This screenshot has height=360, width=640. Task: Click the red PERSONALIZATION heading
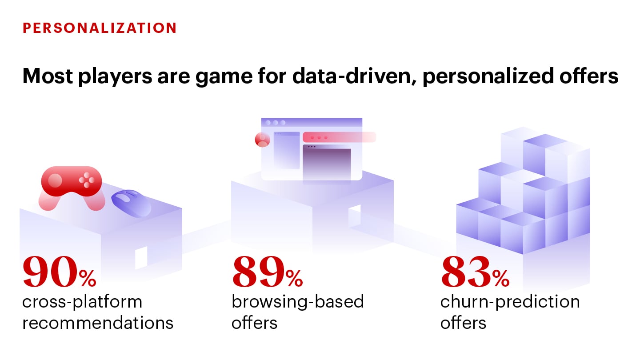point(100,28)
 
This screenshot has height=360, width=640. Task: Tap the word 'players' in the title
point(115,76)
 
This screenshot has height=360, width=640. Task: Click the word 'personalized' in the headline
point(488,76)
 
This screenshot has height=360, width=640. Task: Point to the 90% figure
point(60,272)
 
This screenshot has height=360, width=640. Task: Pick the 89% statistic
point(268,272)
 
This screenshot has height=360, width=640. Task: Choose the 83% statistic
point(475,272)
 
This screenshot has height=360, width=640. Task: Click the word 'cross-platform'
point(82,302)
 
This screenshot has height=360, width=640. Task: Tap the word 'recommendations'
point(98,323)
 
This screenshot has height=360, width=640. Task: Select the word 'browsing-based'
point(298,302)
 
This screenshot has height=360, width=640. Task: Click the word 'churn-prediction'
point(510,302)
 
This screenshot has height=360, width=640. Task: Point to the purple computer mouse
point(132,203)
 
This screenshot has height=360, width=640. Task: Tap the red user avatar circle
point(262,140)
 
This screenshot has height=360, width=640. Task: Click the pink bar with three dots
point(339,137)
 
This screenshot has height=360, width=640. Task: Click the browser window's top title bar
point(312,123)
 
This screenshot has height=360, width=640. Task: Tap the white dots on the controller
point(87,180)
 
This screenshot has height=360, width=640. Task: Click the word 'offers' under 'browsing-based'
point(254,323)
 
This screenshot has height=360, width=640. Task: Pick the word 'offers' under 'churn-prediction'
point(463,323)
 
